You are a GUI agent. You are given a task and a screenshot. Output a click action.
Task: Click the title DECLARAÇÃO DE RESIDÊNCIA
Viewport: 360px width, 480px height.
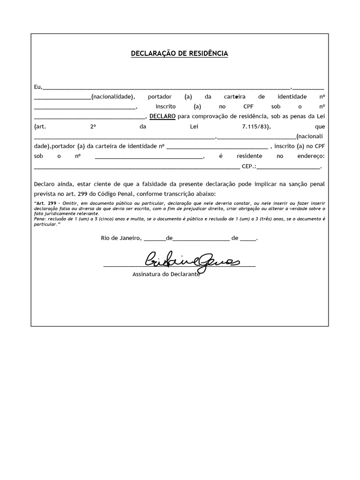pos(180,54)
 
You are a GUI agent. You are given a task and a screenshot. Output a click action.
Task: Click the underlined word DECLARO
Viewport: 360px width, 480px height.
pos(162,116)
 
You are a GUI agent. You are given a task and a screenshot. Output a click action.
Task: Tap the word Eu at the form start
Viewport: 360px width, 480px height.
pos(37,87)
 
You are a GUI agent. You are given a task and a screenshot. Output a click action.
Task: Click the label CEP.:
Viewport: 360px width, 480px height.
pos(248,166)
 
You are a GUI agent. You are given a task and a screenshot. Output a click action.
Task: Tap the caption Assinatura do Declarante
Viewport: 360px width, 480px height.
pos(166,274)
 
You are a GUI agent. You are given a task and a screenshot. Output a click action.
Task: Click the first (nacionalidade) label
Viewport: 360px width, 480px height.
pos(113,97)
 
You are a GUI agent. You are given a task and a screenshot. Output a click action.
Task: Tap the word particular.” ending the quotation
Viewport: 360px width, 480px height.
pos(46,224)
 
